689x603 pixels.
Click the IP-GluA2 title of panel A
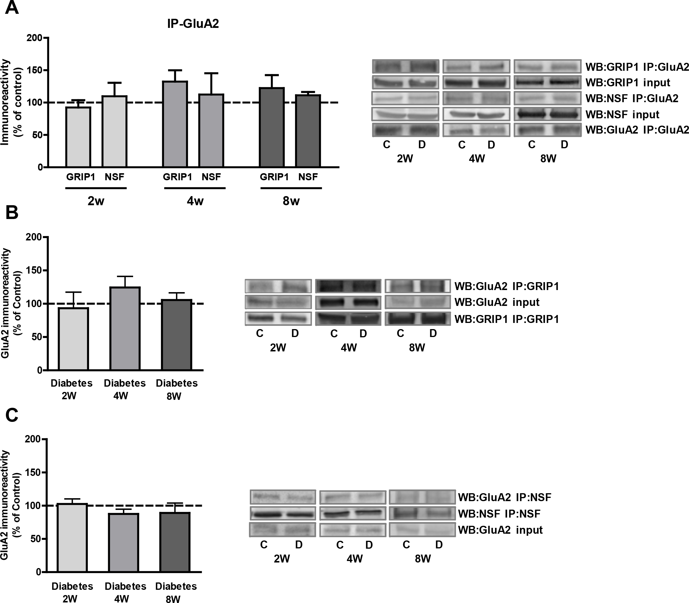tap(193, 23)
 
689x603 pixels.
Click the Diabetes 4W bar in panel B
tap(125, 329)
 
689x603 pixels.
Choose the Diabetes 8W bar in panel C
tap(175, 542)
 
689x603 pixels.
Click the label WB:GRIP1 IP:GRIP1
tap(507, 319)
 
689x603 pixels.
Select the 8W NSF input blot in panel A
tap(547, 114)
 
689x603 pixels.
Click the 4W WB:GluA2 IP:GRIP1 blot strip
tap(348, 286)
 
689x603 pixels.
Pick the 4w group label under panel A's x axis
tap(195, 201)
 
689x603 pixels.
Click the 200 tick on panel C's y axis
tap(35, 439)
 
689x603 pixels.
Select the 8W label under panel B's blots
tap(417, 348)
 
